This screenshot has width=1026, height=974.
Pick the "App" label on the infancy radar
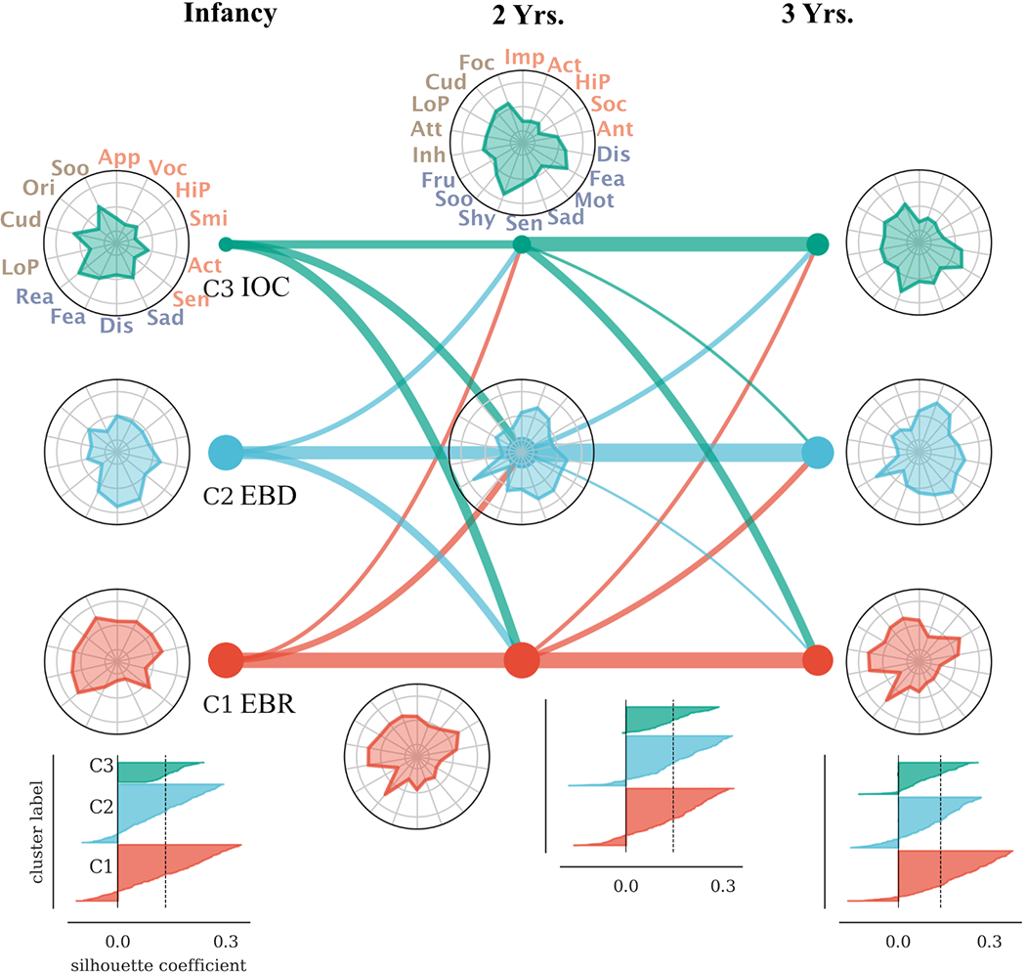(120, 156)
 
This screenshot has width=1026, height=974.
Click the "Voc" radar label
(168, 167)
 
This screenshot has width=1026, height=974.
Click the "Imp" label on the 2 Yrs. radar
(525, 57)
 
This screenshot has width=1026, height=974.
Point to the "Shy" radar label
(477, 216)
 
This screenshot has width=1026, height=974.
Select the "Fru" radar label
(438, 180)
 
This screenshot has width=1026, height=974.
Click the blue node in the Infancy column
(226, 452)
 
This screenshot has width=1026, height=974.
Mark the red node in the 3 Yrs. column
(817, 660)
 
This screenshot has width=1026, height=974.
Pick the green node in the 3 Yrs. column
(818, 244)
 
